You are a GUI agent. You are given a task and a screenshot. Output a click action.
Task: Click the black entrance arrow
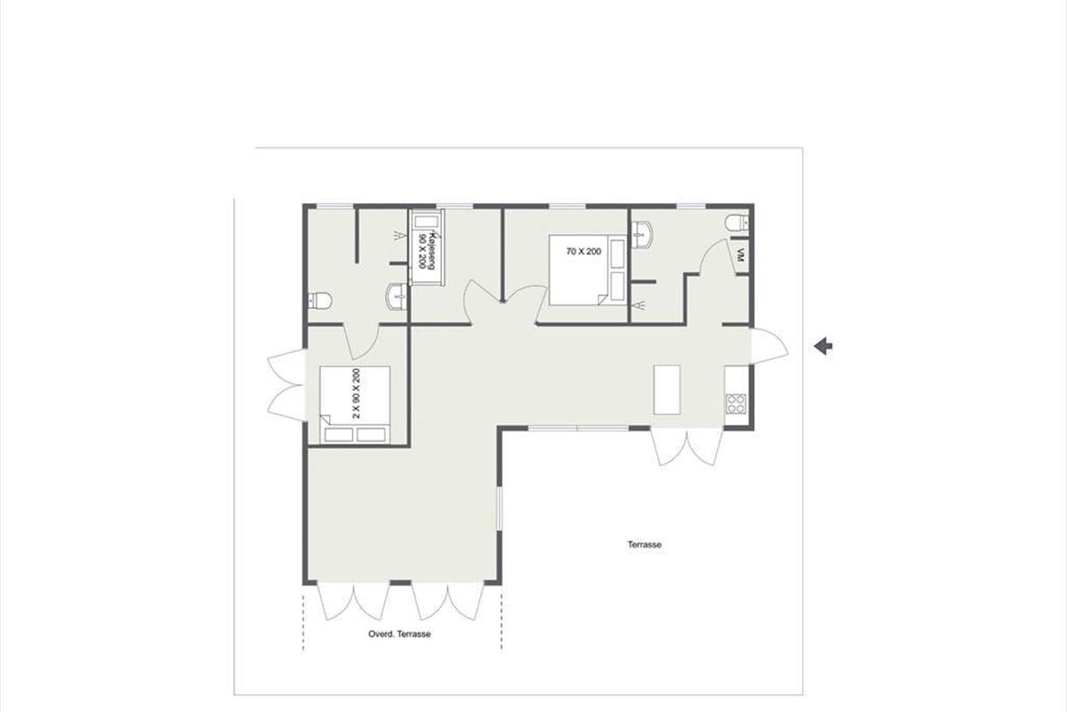pyautogui.click(x=822, y=345)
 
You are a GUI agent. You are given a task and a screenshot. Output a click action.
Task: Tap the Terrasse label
pyautogui.click(x=645, y=545)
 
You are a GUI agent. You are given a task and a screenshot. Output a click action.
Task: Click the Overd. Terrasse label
pyautogui.click(x=399, y=634)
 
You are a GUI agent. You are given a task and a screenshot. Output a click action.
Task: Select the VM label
pyautogui.click(x=740, y=255)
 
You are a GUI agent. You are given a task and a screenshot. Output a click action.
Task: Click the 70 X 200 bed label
pyautogui.click(x=583, y=251)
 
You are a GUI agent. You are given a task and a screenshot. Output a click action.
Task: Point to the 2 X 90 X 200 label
pyautogui.click(x=356, y=393)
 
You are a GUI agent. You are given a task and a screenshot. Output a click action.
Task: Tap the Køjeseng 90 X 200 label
pyautogui.click(x=427, y=251)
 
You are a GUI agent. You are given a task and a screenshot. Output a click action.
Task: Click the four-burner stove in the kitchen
pyautogui.click(x=736, y=403)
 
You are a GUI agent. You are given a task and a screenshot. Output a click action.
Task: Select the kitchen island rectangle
pyautogui.click(x=667, y=390)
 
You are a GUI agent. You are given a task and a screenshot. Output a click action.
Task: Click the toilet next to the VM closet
pyautogui.click(x=737, y=222)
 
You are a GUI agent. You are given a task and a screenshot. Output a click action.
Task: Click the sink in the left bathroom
pyautogui.click(x=397, y=296)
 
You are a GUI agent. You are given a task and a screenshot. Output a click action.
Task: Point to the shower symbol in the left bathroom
pyautogui.click(x=399, y=235)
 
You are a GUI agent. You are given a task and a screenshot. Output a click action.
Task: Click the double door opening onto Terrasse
pyautogui.click(x=686, y=447)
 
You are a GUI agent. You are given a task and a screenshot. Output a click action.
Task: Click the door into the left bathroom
pyautogui.click(x=363, y=342)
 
